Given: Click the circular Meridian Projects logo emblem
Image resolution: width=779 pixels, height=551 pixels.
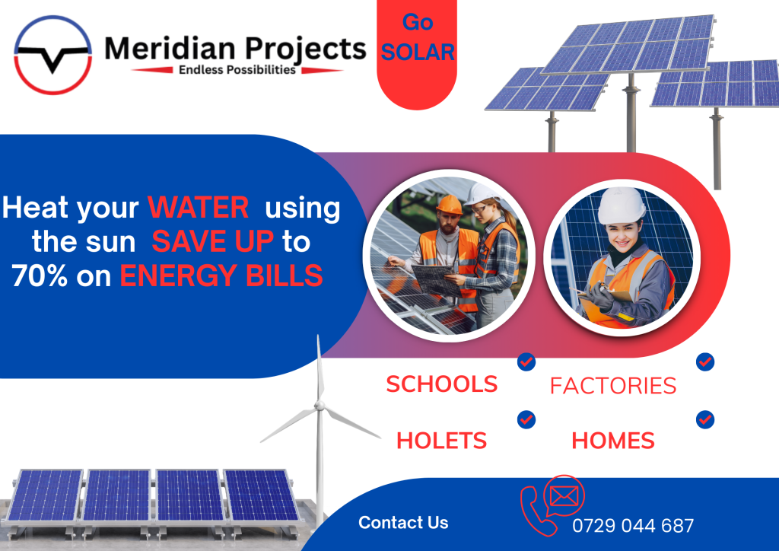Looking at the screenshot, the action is [52, 55].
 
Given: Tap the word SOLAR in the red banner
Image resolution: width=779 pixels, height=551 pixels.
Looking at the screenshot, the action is [418, 53].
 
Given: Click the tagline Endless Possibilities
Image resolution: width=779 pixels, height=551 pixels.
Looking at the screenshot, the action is [237, 69].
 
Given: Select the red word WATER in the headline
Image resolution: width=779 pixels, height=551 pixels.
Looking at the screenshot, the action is [199, 207].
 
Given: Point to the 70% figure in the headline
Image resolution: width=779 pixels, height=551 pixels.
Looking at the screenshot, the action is [40, 275].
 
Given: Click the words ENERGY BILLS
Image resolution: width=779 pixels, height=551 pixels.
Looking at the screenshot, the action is [221, 275].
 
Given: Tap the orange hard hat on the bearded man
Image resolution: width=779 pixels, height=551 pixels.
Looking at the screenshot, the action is [449, 204].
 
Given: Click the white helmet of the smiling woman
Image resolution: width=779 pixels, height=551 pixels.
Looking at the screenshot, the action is [622, 205].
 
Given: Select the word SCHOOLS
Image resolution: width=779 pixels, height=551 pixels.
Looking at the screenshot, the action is [442, 384].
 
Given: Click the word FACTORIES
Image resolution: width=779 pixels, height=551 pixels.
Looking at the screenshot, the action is [613, 386].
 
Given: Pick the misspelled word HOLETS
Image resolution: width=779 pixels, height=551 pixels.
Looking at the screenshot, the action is [442, 441].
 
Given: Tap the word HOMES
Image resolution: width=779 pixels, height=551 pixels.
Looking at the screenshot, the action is [613, 441].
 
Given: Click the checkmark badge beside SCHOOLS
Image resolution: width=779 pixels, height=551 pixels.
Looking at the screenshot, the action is [526, 361].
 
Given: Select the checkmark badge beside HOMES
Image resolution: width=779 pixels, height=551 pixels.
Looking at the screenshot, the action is [705, 420].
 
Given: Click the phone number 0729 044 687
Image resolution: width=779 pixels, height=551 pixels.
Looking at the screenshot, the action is [633, 526].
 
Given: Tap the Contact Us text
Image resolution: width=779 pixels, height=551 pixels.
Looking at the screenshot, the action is [403, 523].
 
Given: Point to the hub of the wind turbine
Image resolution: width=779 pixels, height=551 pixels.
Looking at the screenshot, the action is [320, 406].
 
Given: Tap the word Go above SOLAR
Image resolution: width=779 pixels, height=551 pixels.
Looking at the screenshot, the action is [418, 22].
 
